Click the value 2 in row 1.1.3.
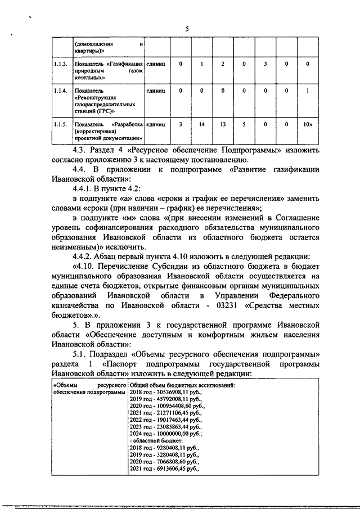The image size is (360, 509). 223,64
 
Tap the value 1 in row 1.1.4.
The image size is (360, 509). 307,90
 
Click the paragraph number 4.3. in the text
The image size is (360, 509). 85,151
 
